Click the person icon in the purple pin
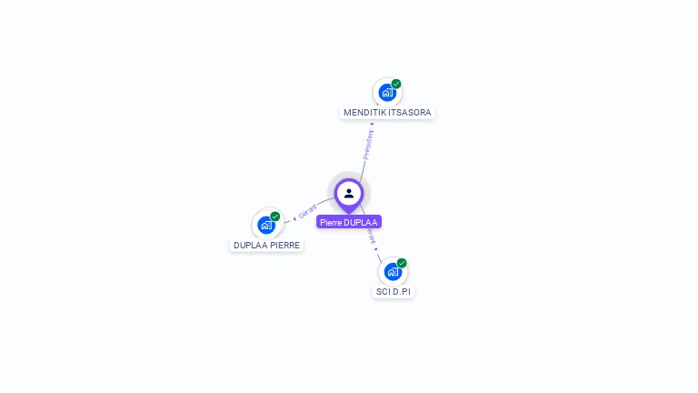[349, 193]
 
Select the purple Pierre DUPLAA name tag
[349, 222]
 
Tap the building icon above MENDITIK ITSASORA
[387, 92]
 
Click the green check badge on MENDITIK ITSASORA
[396, 84]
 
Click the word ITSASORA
[410, 113]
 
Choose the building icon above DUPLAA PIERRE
[266, 224]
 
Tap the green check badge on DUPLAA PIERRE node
[275, 217]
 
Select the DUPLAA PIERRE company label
[266, 245]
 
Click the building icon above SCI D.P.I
[393, 271]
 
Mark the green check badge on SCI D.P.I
[402, 263]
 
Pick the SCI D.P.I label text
[394, 292]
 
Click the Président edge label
[368, 145]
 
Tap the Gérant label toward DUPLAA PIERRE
[308, 212]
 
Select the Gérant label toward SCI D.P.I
[370, 237]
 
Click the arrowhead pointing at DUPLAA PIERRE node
[294, 218]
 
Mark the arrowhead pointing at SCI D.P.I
[376, 248]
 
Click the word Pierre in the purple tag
[330, 222]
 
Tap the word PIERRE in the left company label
[284, 245]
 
